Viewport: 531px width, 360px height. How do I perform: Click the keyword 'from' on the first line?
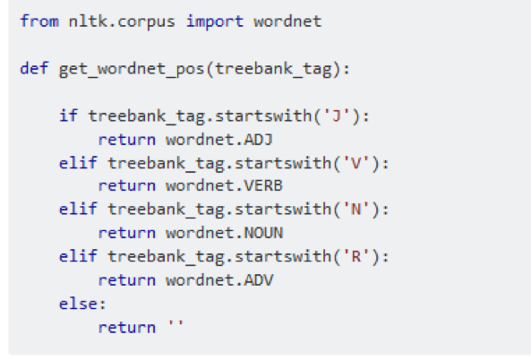39,21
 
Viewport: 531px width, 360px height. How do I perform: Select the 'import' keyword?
215,22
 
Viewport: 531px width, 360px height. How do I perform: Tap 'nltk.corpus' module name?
122,22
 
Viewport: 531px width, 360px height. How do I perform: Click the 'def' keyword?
34,68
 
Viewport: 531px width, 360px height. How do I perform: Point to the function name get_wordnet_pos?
132,70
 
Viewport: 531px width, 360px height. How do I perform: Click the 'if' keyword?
68,116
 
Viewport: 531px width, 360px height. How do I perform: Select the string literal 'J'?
337,116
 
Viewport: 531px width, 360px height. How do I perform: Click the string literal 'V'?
355,163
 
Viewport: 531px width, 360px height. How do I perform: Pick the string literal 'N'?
355,209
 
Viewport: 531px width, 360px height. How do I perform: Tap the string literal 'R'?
355,256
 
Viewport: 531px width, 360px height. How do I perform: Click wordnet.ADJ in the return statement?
219,140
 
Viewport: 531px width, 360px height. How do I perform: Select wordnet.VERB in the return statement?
224,185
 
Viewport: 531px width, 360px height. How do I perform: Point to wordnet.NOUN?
224,233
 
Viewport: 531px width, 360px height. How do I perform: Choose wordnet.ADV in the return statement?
219,280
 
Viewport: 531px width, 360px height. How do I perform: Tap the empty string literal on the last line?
176,326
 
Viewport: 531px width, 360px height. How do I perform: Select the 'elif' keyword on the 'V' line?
78,163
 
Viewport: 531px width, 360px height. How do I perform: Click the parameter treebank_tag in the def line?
274,70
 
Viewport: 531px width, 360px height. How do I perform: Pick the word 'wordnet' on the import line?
287,22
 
